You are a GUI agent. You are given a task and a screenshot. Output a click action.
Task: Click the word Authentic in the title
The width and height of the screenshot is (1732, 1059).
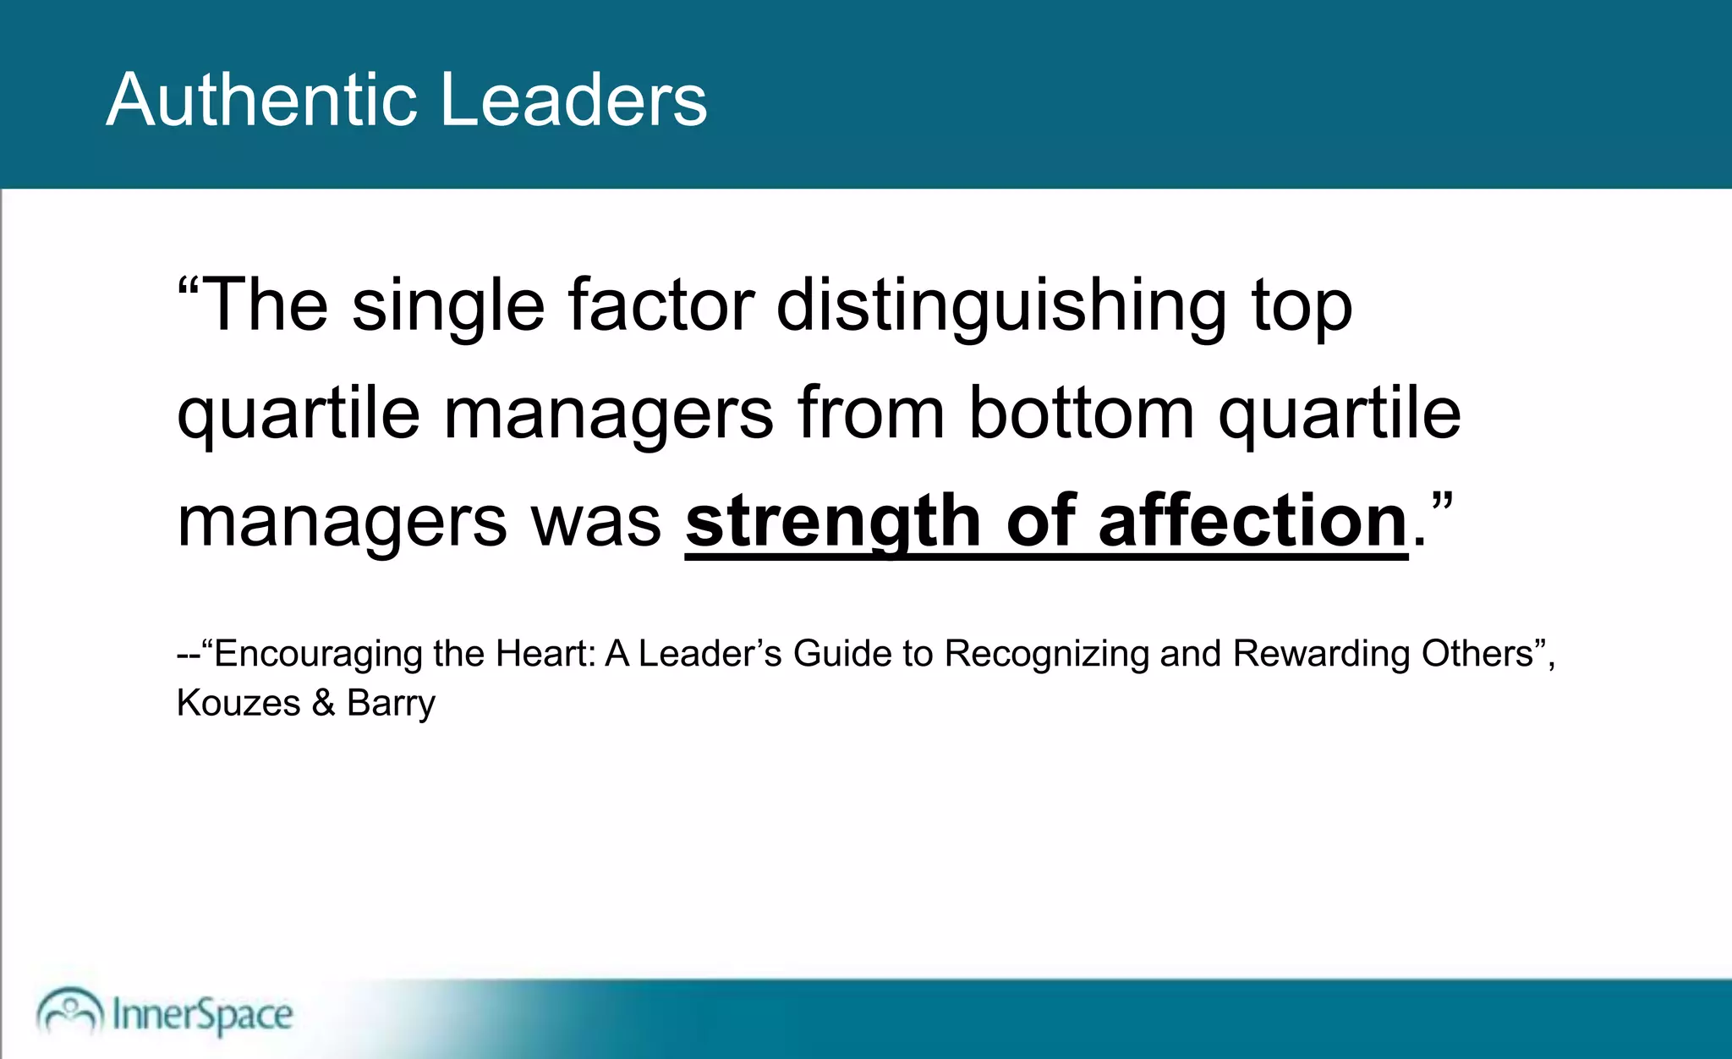[261, 100]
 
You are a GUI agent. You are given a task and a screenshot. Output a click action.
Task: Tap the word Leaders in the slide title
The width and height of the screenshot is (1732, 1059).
[574, 100]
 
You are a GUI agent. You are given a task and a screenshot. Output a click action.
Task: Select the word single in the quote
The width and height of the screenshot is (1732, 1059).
[448, 306]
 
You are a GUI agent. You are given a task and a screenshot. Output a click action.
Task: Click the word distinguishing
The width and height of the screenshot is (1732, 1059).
[1001, 306]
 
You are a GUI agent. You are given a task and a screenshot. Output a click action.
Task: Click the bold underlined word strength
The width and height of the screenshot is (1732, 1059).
[832, 521]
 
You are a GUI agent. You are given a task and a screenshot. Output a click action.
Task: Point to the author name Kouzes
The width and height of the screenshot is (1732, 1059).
[238, 703]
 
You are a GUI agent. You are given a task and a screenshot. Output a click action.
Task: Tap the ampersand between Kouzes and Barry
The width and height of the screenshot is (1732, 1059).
[324, 703]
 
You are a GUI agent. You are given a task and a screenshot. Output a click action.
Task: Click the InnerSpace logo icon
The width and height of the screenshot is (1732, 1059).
[69, 1011]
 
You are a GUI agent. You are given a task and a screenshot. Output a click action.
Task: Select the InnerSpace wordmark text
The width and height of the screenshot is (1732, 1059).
[203, 1014]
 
